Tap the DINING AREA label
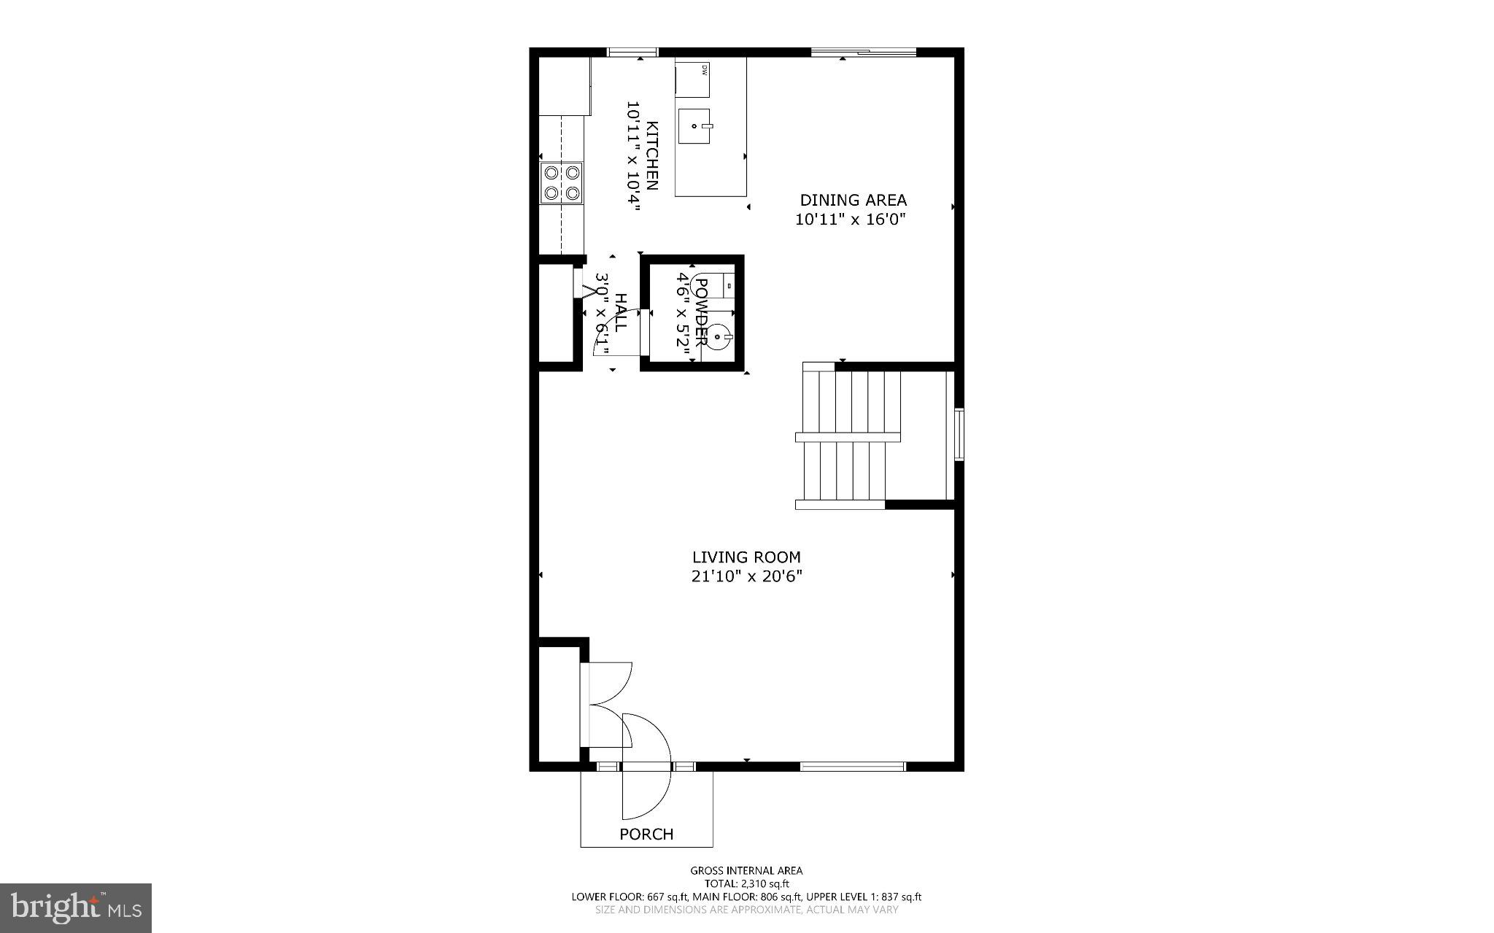tap(853, 200)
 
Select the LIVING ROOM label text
tap(746, 557)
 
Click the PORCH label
tap(646, 834)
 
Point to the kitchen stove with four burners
tap(562, 182)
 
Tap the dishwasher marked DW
tap(692, 79)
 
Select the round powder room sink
tap(719, 336)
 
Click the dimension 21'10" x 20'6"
tap(746, 576)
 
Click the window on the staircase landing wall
tap(959, 435)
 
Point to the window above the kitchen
tap(632, 52)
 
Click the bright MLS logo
tap(76, 907)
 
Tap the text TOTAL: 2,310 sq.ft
tap(746, 883)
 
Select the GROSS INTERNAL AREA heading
tap(746, 870)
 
